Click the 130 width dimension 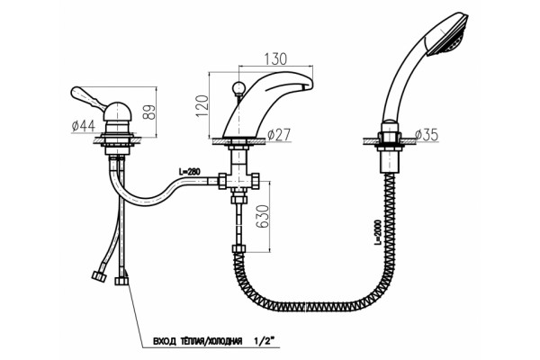(275, 58)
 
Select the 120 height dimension (202, 106)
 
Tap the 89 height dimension (149, 112)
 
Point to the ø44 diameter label (84, 126)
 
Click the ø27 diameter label (279, 135)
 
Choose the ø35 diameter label (427, 135)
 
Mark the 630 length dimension (263, 216)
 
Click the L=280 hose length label (189, 171)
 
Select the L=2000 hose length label (378, 232)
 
